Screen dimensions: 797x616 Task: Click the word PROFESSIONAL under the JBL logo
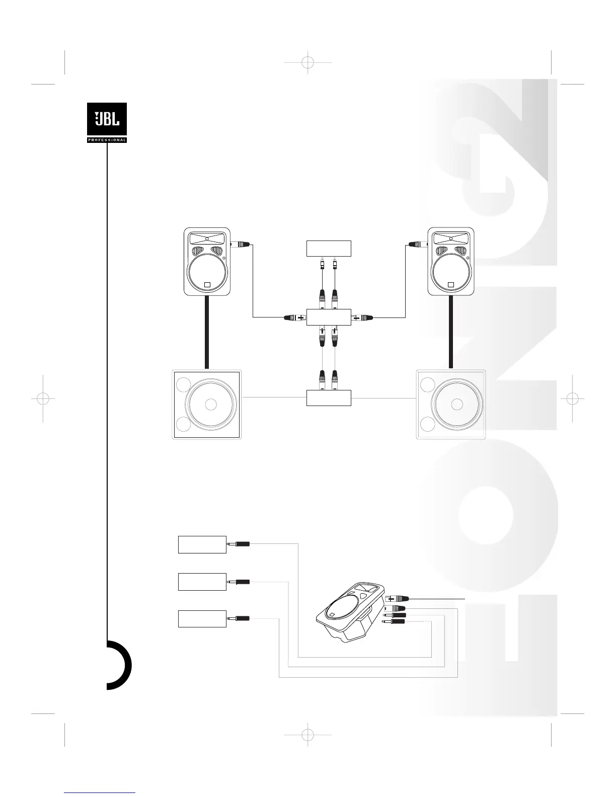[x=107, y=140]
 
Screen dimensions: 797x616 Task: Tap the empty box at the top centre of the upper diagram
[x=329, y=249]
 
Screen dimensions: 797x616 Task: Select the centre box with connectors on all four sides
[x=329, y=317]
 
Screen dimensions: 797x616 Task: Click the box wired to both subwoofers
[x=329, y=397]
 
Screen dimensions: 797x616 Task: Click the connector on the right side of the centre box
[x=362, y=317]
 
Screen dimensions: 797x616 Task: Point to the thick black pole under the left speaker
[x=206, y=333]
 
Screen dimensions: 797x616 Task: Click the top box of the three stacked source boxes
[x=202, y=544]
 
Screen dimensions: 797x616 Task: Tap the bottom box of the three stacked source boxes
[x=202, y=618]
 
